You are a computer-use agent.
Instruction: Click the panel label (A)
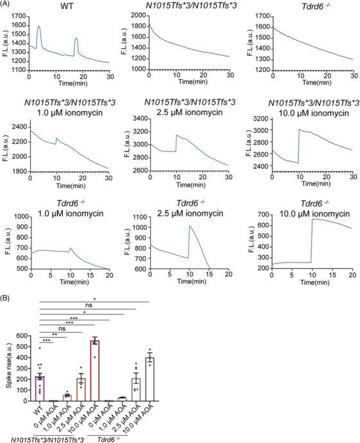pos(7,6)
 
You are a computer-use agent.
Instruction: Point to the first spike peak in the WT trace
pos(39,27)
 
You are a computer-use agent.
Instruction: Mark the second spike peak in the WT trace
pos(76,39)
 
